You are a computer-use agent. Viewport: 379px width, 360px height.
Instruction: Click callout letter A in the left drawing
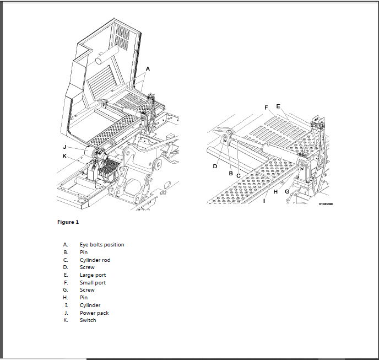click(x=147, y=69)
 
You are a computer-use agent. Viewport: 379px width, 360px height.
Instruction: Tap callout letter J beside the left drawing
click(x=64, y=147)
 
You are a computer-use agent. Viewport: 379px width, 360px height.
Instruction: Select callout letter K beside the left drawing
click(x=64, y=156)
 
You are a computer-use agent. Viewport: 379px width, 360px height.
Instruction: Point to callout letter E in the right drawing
click(x=278, y=106)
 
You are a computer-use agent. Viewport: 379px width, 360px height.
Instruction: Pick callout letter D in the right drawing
click(x=215, y=166)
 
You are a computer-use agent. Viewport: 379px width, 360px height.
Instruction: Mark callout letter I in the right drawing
click(x=264, y=201)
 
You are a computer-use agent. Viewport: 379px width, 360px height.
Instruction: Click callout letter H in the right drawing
click(x=275, y=192)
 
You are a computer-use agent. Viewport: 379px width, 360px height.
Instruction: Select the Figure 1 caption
click(x=68, y=222)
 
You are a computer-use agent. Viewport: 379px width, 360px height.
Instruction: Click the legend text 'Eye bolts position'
click(x=102, y=245)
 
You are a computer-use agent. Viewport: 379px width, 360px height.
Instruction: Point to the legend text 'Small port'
click(x=93, y=282)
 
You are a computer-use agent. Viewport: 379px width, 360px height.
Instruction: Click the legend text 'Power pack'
click(x=94, y=313)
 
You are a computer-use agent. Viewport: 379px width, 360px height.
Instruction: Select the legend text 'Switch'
click(x=88, y=320)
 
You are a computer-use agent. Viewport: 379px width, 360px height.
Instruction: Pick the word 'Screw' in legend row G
click(x=87, y=290)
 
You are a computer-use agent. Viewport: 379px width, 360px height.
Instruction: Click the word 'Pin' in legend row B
click(x=84, y=252)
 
